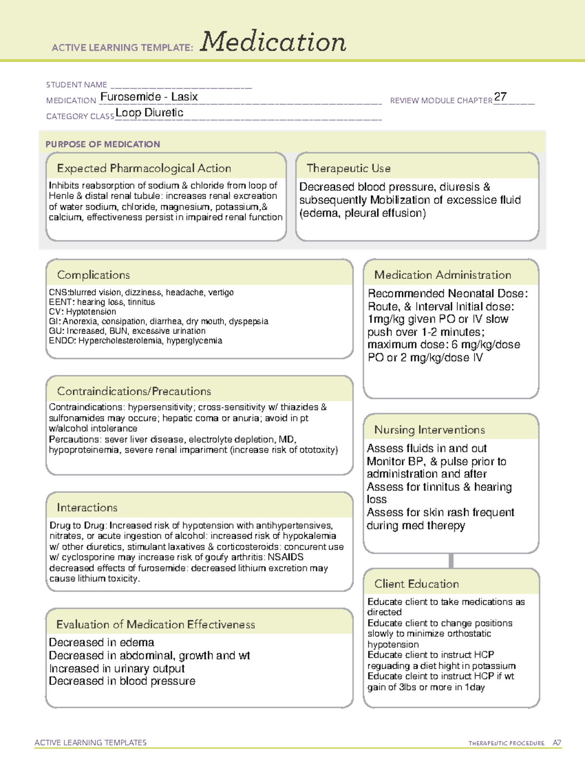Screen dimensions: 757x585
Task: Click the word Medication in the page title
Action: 273,42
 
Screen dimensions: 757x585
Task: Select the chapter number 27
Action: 500,97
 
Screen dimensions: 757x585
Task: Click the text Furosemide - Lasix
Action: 149,97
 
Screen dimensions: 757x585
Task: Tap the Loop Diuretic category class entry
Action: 149,113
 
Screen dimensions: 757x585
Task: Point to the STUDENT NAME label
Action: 77,85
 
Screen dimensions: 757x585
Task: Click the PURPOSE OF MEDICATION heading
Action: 103,144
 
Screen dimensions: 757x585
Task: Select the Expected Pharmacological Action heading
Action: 144,168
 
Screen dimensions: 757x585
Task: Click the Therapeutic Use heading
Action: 348,168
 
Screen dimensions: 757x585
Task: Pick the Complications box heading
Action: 94,275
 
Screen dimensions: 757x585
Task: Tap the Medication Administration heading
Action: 443,275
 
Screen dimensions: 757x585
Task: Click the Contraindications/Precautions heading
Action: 134,391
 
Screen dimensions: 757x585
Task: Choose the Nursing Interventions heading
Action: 429,429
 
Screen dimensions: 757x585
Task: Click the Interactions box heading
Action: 87,507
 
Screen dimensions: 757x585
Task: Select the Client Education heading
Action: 416,584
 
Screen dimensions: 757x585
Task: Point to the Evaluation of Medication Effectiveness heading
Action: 156,624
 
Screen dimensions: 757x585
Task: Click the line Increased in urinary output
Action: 117,668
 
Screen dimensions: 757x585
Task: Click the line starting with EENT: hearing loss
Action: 102,302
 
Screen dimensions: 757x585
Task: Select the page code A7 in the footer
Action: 557,743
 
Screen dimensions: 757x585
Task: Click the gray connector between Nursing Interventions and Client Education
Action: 451,561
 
